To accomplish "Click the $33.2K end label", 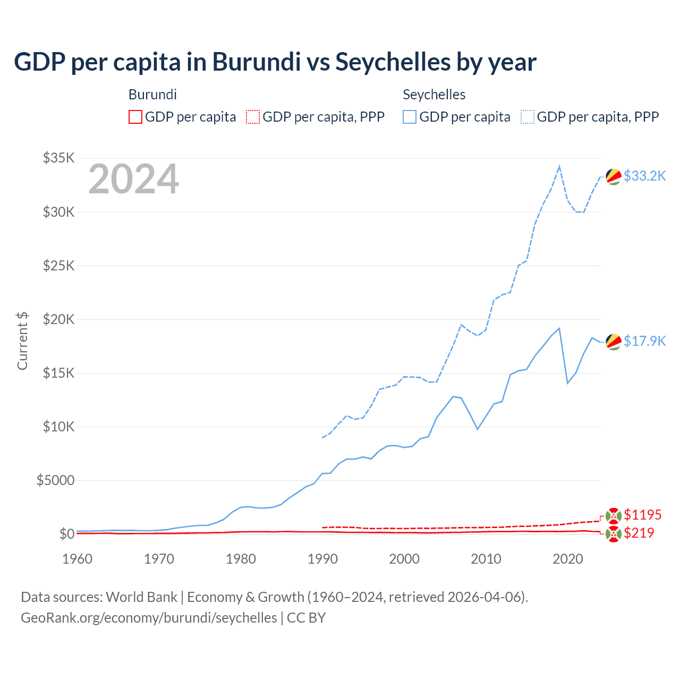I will (x=644, y=176).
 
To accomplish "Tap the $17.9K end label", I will (x=644, y=341).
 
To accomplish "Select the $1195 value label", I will (x=642, y=515).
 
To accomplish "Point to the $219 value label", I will (x=639, y=533).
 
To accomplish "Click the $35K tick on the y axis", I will (x=59, y=158).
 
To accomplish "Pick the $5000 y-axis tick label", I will (x=55, y=480).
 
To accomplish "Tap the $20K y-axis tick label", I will (x=59, y=319).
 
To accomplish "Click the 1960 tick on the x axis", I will (x=77, y=559).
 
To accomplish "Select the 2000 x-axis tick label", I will (x=404, y=559).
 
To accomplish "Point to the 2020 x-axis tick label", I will (x=568, y=559).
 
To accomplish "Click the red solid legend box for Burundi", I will (x=135, y=117).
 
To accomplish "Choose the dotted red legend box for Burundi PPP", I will (x=253, y=117).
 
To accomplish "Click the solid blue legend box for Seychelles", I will (x=410, y=117).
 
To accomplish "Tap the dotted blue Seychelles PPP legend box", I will (x=528, y=117).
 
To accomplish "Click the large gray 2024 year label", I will (x=133, y=180).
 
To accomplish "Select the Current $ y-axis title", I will (x=22, y=341).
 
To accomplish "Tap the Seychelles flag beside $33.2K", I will (x=614, y=176).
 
